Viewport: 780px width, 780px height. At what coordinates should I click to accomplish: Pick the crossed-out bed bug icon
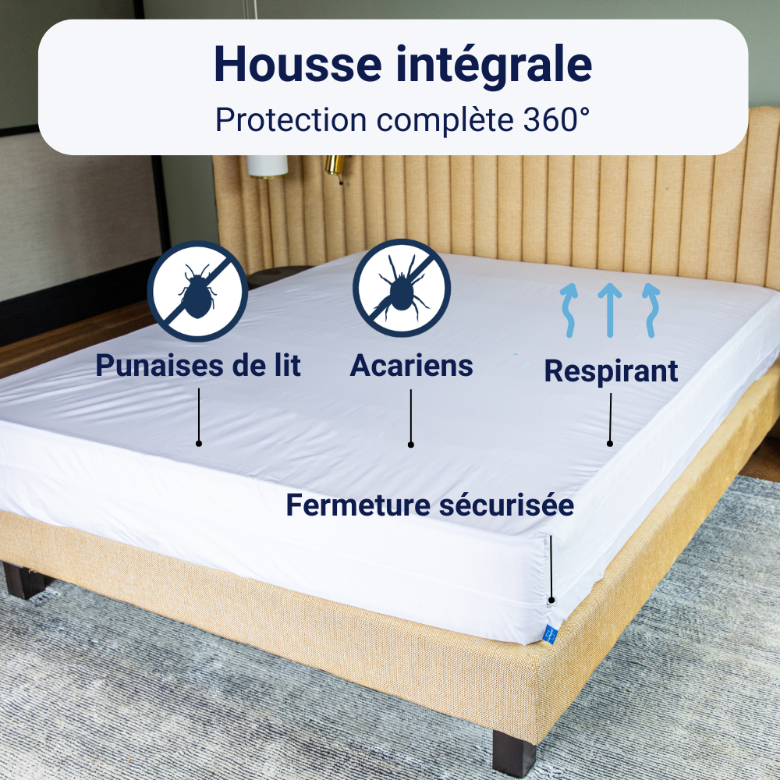coord(197,290)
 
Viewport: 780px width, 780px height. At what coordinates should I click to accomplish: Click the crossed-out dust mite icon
coord(402,288)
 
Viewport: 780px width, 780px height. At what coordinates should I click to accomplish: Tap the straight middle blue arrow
coord(610,310)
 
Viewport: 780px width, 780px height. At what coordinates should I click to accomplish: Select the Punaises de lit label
coord(198,365)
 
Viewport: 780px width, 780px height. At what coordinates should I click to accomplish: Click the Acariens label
coord(411,365)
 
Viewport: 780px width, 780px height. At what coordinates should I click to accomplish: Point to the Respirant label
coord(611,370)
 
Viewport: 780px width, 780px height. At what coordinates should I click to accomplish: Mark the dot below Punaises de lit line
coord(199,443)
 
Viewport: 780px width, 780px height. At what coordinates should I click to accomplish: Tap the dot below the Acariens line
coord(411,445)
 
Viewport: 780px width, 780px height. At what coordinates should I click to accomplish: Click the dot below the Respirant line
coord(610,443)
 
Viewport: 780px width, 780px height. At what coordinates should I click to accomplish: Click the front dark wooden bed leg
coord(513,752)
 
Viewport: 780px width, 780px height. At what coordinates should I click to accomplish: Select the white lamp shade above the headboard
coord(268,165)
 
